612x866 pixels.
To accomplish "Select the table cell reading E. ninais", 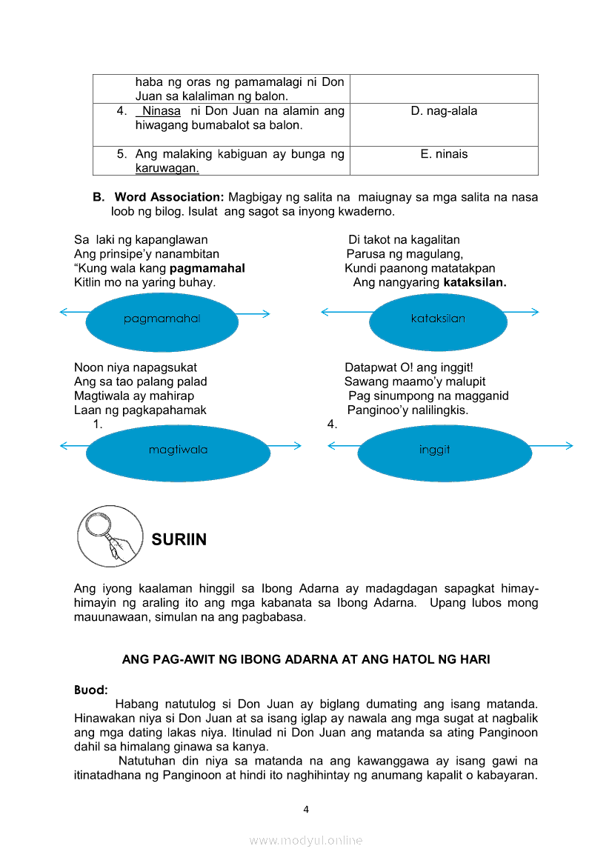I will (444, 154).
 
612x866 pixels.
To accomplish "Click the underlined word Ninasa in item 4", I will (161, 111).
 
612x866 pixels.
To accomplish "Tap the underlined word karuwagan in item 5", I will (167, 168).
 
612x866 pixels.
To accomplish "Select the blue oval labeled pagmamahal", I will (162, 319).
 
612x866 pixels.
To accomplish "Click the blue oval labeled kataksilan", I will (438, 319).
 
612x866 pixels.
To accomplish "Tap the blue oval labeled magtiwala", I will (178, 450).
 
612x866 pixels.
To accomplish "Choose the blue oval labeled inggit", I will (434, 450).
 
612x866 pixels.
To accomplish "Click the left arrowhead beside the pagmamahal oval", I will (64, 313).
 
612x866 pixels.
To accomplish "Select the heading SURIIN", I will (179, 540).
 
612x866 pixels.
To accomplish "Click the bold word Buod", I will (91, 690).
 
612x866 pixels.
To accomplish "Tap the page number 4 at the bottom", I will (306, 809).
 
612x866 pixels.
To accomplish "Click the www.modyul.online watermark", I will (306, 840).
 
